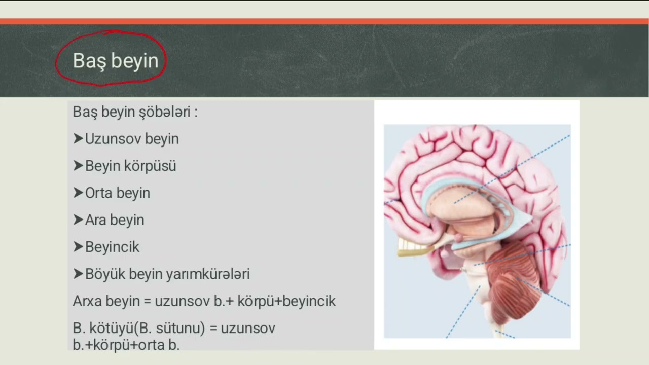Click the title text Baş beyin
[x=116, y=60]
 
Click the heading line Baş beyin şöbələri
[x=135, y=112]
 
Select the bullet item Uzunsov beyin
[x=132, y=139]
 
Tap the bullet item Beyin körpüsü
[x=130, y=166]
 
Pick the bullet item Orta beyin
[x=118, y=193]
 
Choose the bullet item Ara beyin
[x=115, y=220]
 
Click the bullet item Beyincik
[x=112, y=247]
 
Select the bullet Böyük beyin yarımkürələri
[x=167, y=274]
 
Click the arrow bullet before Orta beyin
[x=78, y=193]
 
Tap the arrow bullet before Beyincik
[x=78, y=247]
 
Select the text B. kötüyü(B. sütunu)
[x=138, y=328]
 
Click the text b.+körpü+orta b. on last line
[x=126, y=345]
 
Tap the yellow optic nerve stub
[x=413, y=247]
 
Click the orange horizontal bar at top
[x=324, y=21]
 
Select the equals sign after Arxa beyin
[x=147, y=302]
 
